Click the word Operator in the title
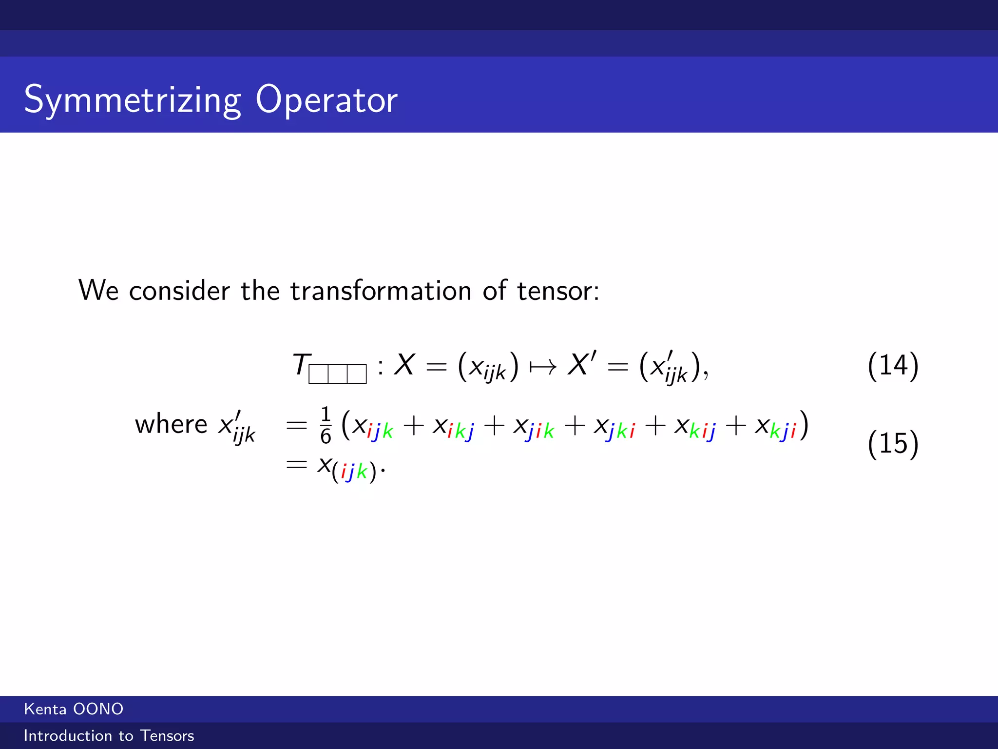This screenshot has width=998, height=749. pyautogui.click(x=326, y=99)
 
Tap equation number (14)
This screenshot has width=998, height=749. pyautogui.click(x=893, y=365)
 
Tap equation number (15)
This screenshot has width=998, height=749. pyautogui.click(x=893, y=443)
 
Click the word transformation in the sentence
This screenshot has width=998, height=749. pyautogui.click(x=381, y=291)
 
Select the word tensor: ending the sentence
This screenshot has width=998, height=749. pyautogui.click(x=558, y=291)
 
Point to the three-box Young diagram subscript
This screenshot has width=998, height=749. pyautogui.click(x=337, y=374)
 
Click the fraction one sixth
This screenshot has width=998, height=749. pyautogui.click(x=326, y=425)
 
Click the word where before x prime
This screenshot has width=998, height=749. pyautogui.click(x=171, y=424)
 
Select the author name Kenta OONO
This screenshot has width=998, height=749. pyautogui.click(x=74, y=709)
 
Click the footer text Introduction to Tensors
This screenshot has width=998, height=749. pyautogui.click(x=109, y=735)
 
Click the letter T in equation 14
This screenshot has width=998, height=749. pyautogui.click(x=301, y=364)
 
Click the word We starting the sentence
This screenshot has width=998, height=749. pyautogui.click(x=98, y=291)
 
